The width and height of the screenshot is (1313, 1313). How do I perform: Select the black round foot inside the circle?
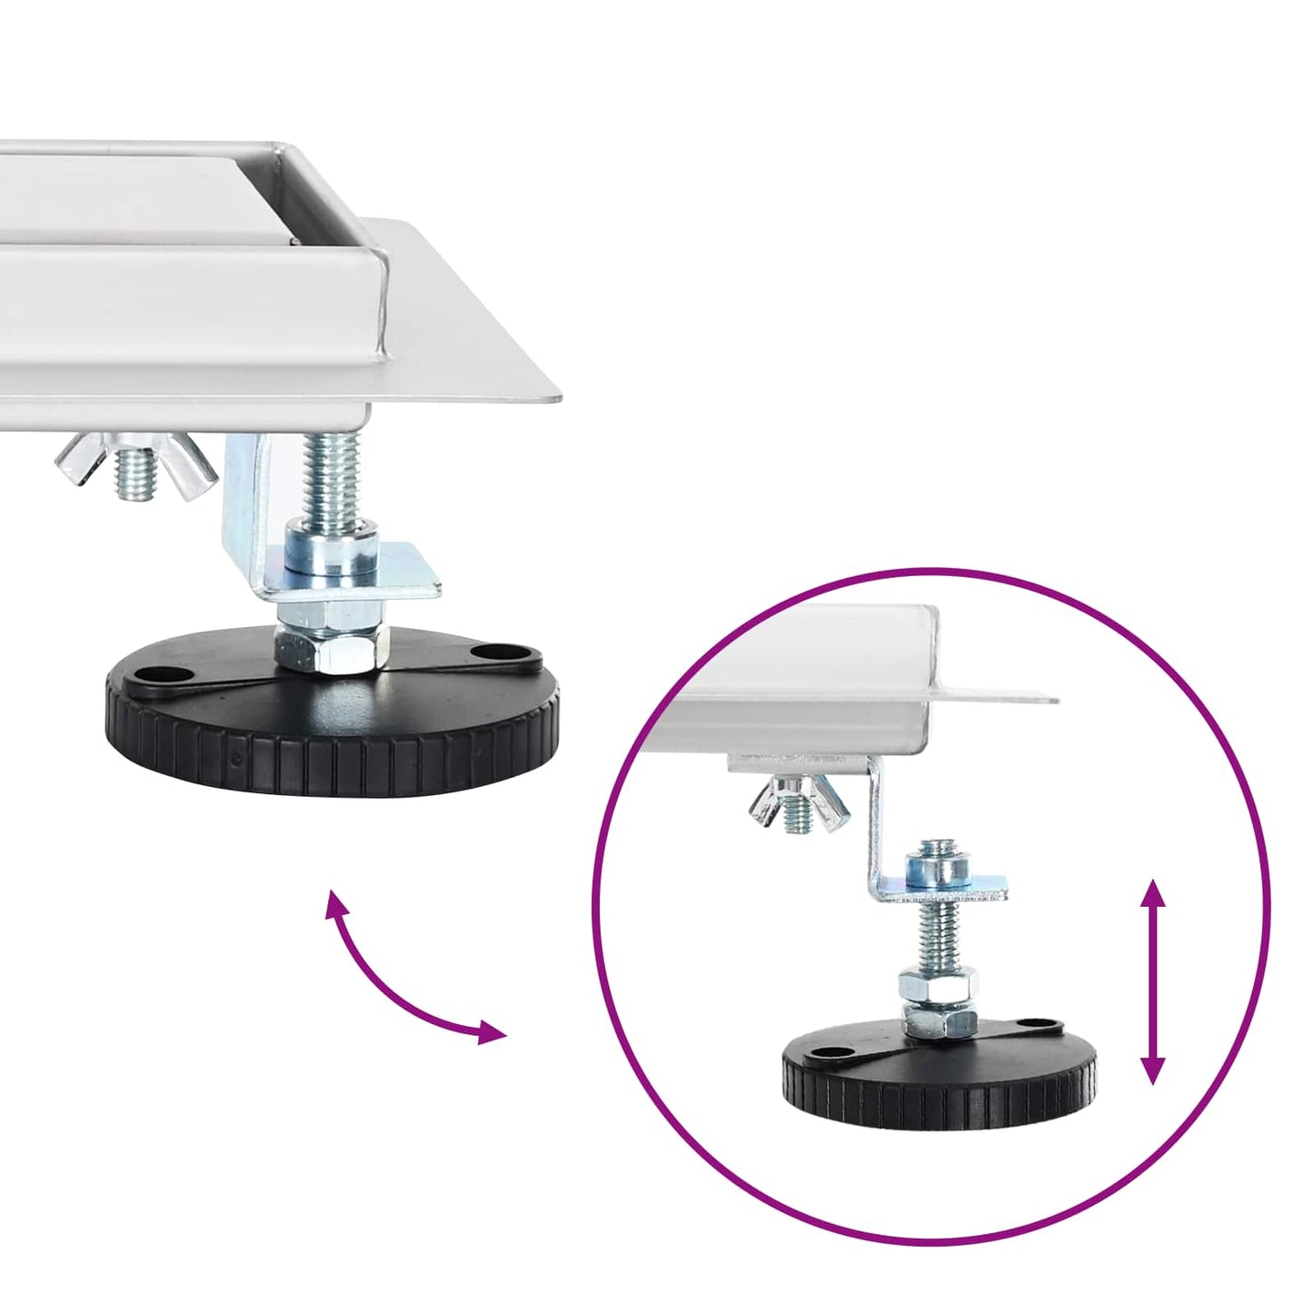point(939,1077)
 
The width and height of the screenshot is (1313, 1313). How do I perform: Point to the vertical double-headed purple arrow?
point(1153,981)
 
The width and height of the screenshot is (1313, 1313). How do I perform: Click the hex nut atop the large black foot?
point(332,647)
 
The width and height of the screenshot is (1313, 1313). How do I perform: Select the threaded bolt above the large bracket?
point(332,477)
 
